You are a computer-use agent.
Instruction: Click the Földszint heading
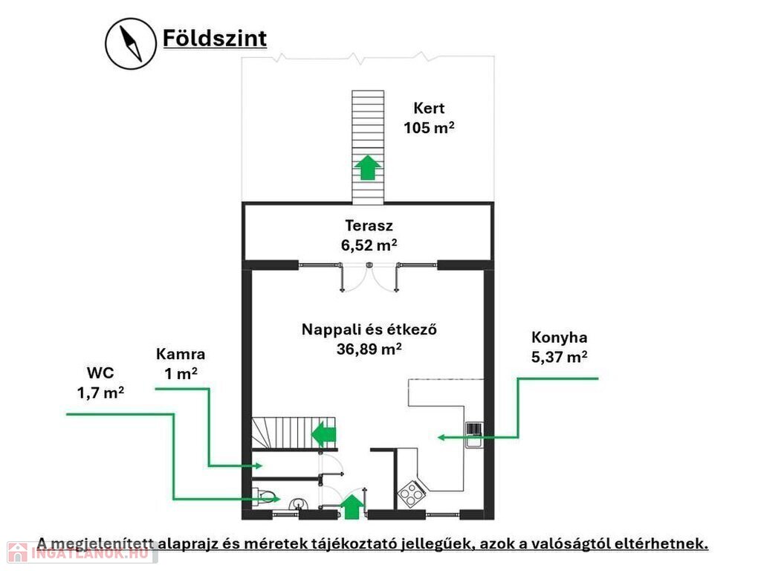coord(215,39)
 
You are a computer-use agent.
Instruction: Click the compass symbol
coord(131,44)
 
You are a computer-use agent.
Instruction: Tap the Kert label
coord(429,108)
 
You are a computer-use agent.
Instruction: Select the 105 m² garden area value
coord(429,128)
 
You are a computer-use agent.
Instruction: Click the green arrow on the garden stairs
coord(368,167)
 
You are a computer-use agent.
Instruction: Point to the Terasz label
coord(369,225)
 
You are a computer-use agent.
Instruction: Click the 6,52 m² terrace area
coord(369,245)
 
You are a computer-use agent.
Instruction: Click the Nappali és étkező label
coord(369,329)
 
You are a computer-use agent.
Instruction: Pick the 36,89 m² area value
coord(369,349)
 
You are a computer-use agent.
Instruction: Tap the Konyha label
coord(559,337)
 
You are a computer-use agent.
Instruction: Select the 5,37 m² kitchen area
coord(559,357)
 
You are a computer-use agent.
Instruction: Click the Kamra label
coord(181,354)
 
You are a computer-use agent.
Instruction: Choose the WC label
coord(100,373)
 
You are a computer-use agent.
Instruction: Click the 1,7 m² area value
coord(100,393)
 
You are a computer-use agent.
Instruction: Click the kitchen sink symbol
coord(474,434)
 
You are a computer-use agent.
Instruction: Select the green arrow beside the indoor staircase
coord(324,434)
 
